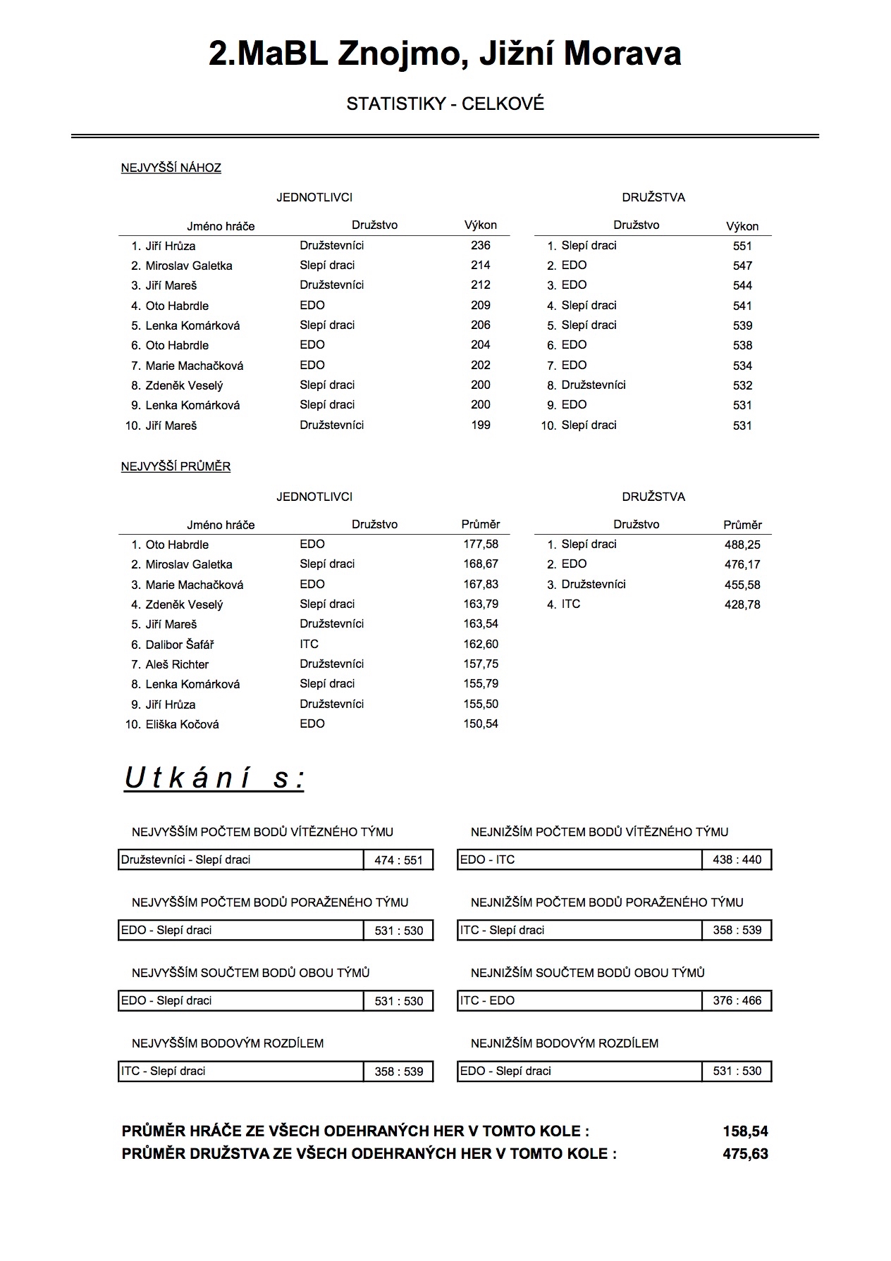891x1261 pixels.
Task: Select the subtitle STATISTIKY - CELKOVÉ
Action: (x=445, y=104)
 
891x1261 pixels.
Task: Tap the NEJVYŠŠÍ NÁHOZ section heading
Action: (x=171, y=168)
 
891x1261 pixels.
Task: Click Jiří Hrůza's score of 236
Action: (x=480, y=245)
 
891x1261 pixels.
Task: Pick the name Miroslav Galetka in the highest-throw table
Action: (x=188, y=266)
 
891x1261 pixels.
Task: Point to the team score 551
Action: (x=742, y=246)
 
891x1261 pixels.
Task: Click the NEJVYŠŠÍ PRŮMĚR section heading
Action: (x=176, y=466)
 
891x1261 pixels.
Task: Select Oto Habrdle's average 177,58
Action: (x=481, y=544)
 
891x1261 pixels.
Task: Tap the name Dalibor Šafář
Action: (x=180, y=645)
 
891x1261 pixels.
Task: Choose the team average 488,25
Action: (x=742, y=545)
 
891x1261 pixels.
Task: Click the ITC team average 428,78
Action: (x=742, y=604)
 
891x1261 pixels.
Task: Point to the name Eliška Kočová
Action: (x=182, y=724)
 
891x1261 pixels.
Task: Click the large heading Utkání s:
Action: (x=214, y=778)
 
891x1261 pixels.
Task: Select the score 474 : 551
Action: (x=398, y=860)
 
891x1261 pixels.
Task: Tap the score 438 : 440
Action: (x=737, y=859)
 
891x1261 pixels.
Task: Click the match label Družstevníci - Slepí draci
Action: (x=185, y=859)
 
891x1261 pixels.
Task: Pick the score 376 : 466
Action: (x=737, y=1000)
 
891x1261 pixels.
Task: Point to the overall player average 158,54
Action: (x=745, y=1131)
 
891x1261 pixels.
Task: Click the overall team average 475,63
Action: (x=745, y=1154)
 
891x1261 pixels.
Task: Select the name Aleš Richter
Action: (x=177, y=664)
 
